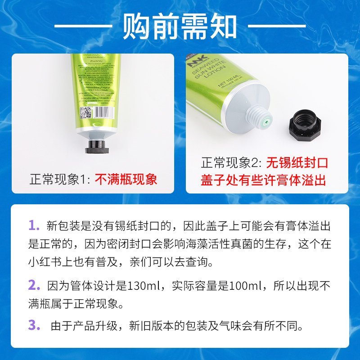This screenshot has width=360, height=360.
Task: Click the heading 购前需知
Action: pyautogui.click(x=180, y=26)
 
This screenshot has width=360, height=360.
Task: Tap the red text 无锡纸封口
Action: pyautogui.click(x=297, y=162)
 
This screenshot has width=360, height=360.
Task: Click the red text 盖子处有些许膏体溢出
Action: pyautogui.click(x=263, y=180)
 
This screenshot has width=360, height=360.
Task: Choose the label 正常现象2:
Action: pyautogui.click(x=232, y=162)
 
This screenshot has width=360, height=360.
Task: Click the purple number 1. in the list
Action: pyautogui.click(x=34, y=225)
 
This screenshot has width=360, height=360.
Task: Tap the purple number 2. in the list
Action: pyautogui.click(x=34, y=285)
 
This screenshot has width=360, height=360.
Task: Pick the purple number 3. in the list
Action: pyautogui.click(x=34, y=325)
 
